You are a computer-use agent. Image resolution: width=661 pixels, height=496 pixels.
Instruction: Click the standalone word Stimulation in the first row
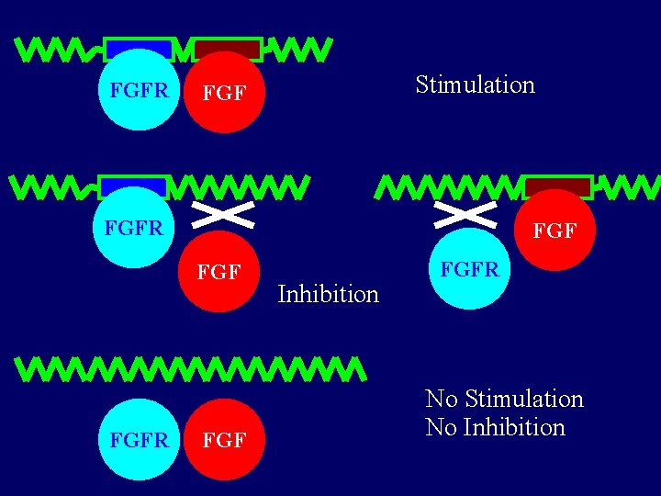[x=475, y=85]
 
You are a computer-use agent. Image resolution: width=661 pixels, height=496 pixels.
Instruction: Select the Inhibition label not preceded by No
[x=328, y=295]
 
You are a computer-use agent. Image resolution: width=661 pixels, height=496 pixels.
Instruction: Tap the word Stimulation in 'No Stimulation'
[x=524, y=400]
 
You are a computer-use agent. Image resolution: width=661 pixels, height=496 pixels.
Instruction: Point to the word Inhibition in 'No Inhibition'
[x=514, y=428]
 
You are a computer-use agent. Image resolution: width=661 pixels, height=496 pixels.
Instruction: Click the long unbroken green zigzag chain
[x=193, y=369]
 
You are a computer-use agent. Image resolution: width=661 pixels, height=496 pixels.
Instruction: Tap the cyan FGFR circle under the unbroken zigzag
[x=139, y=440]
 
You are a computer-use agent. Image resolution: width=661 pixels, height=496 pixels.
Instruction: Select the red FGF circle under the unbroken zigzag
[x=224, y=440]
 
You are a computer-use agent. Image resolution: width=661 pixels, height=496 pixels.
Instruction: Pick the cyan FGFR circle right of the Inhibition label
[x=469, y=270]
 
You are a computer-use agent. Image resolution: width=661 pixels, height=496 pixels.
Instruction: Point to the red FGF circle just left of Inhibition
[x=219, y=272]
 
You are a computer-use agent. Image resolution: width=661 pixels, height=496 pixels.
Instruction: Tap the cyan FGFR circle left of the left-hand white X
[x=133, y=228]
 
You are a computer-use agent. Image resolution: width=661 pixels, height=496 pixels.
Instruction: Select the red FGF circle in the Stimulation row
[x=224, y=92]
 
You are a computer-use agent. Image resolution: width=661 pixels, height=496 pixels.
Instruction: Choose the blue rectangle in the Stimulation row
[x=139, y=48]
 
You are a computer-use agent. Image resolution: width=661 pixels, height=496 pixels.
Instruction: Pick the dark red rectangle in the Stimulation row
[x=228, y=48]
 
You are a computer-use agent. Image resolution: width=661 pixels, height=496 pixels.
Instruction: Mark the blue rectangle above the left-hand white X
[x=133, y=186]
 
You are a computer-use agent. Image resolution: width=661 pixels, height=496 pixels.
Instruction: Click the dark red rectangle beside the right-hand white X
[x=558, y=186]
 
